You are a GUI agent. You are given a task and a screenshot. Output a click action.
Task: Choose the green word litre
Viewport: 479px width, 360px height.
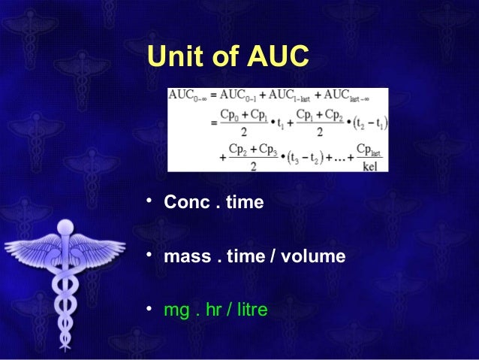coord(249,308)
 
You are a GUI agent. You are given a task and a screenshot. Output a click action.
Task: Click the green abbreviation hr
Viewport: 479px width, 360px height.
coord(213,308)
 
